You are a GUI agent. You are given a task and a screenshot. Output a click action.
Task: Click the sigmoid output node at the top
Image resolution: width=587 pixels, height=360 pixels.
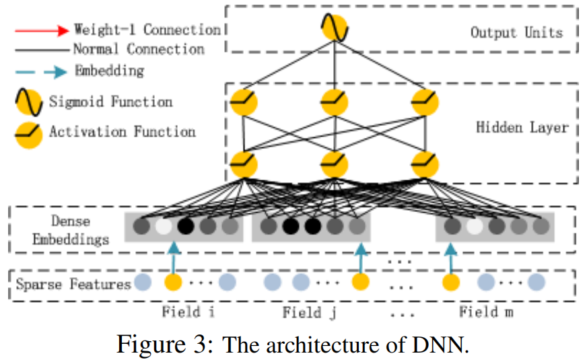pos(335,28)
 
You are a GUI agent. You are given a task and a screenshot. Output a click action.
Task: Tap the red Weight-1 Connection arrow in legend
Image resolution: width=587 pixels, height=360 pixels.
pos(42,31)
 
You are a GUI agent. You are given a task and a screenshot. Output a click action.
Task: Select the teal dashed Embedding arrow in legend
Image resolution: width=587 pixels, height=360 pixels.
pos(41,71)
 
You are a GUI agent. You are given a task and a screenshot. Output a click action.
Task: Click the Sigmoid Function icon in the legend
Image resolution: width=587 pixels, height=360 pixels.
pos(29,102)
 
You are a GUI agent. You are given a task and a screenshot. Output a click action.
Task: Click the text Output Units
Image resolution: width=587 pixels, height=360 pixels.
pos(516,32)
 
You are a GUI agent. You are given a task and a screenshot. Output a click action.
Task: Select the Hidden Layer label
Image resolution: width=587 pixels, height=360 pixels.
pos(522,127)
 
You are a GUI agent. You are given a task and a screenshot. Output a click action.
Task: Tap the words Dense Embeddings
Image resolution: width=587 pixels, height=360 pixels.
pos(71,229)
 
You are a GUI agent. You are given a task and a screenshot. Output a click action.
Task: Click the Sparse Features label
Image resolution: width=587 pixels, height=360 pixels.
pos(73,284)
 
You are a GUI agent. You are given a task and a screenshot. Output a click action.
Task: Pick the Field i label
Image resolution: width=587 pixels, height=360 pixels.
pos(188,312)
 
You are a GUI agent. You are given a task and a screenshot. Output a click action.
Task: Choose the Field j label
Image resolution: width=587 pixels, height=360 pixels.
pos(309,312)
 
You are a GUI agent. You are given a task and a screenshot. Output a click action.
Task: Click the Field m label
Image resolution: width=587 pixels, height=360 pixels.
pos(486,312)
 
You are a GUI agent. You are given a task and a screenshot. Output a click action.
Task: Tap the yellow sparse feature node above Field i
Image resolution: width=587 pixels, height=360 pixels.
pos(173,282)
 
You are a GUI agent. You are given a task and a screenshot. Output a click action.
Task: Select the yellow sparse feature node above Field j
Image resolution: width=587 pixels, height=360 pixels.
pos(361,282)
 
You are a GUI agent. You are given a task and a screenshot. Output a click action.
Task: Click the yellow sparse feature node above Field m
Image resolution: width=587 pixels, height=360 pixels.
pos(451,282)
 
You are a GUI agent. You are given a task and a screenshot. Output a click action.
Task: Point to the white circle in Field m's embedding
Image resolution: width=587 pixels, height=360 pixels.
pos(475,226)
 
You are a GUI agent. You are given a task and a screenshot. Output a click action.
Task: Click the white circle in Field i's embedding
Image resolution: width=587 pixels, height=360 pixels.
pos(164,226)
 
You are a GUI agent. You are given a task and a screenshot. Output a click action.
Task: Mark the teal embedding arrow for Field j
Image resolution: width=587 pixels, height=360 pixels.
pos(361,258)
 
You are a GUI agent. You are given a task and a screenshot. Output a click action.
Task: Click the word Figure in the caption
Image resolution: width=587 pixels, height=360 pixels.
pos(151,345)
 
